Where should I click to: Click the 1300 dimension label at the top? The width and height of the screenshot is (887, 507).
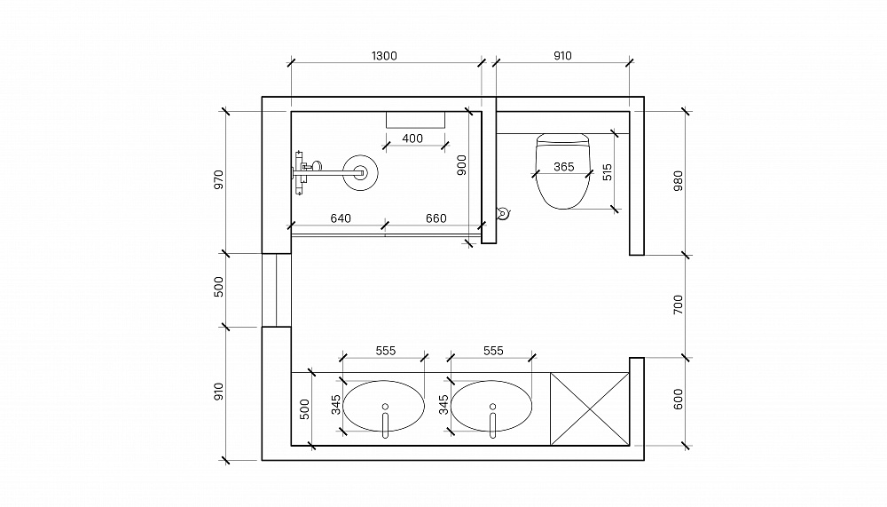tap(384, 56)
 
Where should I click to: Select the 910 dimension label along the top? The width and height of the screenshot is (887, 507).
tap(562, 56)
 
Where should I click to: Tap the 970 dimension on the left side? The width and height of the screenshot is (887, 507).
tap(219, 179)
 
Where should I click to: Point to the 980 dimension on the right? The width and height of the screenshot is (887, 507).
tap(679, 181)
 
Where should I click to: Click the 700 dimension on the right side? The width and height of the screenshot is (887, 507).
tap(679, 305)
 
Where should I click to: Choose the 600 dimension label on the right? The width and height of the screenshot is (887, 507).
tap(679, 400)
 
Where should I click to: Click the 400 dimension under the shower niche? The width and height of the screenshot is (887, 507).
tap(412, 139)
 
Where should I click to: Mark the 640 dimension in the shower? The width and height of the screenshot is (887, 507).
tap(341, 218)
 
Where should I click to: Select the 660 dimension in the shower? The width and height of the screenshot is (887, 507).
tap(436, 218)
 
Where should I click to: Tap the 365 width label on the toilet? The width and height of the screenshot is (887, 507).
tap(564, 167)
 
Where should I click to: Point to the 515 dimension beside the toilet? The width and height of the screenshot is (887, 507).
tap(607, 172)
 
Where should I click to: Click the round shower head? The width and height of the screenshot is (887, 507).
tap(360, 172)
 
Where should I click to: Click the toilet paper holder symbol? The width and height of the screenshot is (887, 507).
tap(502, 214)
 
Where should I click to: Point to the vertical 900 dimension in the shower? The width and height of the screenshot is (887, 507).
tap(461, 165)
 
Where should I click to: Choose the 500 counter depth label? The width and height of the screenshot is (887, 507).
tap(304, 409)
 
